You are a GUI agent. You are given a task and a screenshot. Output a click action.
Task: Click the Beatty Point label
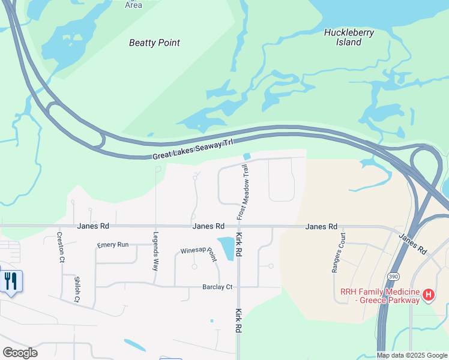tap(154, 43)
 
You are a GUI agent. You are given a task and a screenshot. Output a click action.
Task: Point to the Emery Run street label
tap(113, 245)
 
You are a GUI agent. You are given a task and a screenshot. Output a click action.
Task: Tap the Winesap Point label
tap(199, 254)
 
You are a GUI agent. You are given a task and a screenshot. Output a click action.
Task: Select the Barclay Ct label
tap(216, 287)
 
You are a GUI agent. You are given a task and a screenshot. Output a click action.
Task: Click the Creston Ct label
tap(60, 247)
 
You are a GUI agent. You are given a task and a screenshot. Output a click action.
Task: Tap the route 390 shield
tap(393, 276)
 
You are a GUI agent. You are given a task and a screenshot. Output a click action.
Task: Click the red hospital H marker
tap(428, 295)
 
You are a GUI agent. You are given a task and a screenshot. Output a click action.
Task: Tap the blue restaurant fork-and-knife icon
tap(10, 281)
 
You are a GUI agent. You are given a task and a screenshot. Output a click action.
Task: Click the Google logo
tap(20, 353)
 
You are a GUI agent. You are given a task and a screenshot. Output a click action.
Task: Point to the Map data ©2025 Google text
tap(412, 355)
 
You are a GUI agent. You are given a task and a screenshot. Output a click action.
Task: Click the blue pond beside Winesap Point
tap(226, 248)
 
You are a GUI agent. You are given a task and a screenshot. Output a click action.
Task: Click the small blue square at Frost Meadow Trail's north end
tap(247, 157)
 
